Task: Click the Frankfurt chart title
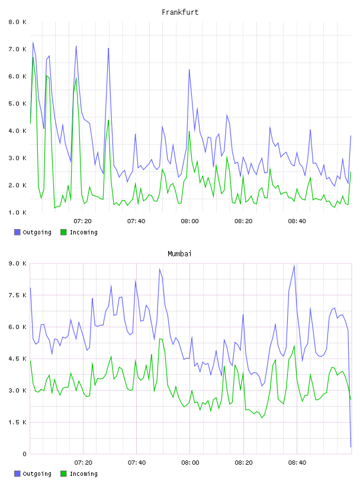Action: coord(180,12)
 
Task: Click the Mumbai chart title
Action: coord(179,254)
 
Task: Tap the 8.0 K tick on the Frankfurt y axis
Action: coord(17,22)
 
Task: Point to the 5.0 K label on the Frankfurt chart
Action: coord(17,104)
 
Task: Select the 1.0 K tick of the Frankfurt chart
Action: coord(17,212)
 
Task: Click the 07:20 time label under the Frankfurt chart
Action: coord(83,221)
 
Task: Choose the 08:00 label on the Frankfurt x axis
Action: coord(190,221)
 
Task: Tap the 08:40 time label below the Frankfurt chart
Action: coord(297,221)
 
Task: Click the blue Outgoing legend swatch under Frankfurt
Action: coord(17,232)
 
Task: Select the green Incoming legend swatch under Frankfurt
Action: coord(63,232)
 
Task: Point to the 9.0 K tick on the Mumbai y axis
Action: coord(17,263)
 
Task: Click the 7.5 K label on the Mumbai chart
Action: coord(17,295)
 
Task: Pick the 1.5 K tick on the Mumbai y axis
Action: coord(17,422)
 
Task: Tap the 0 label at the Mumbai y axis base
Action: coord(25,454)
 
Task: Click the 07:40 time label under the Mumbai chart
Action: coord(137,463)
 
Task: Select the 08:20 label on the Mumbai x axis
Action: coord(243,463)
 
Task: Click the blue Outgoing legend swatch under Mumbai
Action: coord(17,474)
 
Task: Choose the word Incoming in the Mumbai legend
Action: coord(83,474)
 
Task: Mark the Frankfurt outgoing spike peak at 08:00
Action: coord(189,70)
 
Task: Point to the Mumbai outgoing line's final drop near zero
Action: coord(351,447)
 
